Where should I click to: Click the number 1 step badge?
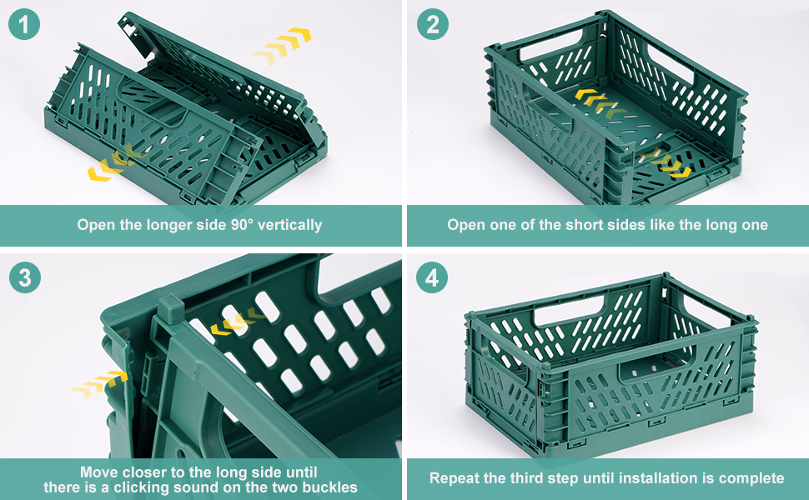(25, 25)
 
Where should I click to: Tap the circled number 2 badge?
(432, 25)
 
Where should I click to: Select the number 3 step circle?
(25, 277)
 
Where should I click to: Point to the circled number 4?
(432, 277)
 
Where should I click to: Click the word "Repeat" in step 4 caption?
(454, 478)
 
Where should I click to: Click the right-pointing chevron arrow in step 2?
(666, 162)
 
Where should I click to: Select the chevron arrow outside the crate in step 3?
(99, 384)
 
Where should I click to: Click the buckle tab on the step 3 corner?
(169, 309)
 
